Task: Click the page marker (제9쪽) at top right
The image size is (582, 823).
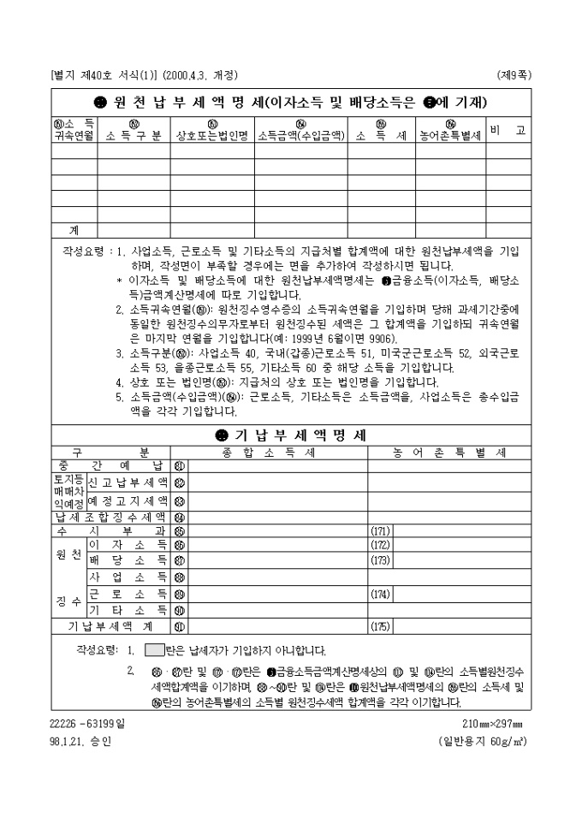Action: tap(513, 74)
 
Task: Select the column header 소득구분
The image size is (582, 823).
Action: tap(133, 136)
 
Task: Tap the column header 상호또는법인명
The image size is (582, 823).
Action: tap(211, 136)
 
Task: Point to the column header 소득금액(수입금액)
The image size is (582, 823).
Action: tap(301, 136)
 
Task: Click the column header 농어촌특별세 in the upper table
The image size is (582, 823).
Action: tap(451, 136)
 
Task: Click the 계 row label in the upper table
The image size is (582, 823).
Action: tap(74, 229)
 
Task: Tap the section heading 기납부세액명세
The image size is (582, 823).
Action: tap(291, 435)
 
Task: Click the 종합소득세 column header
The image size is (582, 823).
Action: tap(269, 451)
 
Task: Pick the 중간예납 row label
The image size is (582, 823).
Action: tap(110, 465)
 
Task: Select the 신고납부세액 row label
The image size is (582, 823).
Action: tap(128, 483)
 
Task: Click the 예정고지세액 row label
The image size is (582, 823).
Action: tap(128, 500)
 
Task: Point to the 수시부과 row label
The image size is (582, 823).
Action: tap(110, 530)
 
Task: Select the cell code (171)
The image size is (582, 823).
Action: tap(380, 531)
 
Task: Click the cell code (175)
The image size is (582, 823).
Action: tap(380, 625)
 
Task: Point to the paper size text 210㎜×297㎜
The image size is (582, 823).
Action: tap(485, 724)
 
